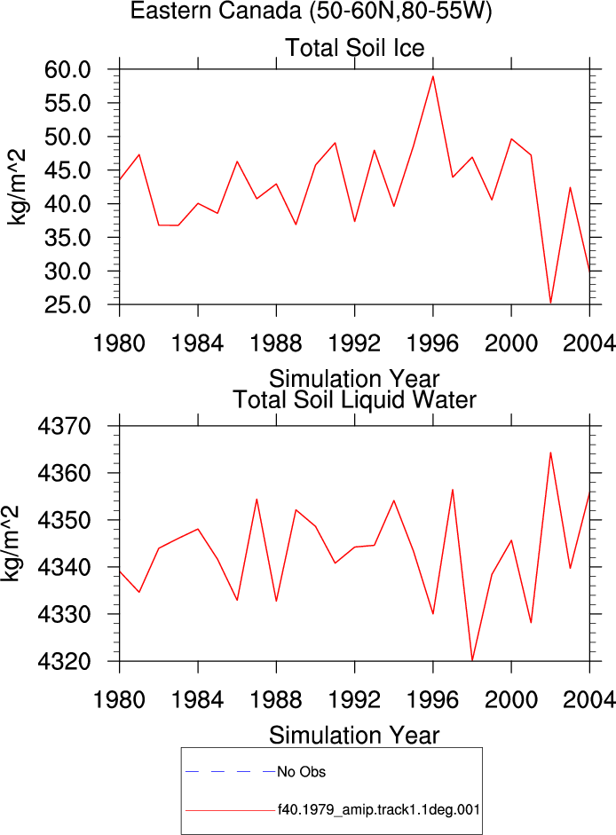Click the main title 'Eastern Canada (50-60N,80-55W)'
(312, 11)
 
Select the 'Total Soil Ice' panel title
(355, 48)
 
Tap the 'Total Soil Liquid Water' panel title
(354, 400)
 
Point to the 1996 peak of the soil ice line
(432, 76)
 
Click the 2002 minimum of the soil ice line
(550, 303)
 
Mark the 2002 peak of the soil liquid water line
(550, 453)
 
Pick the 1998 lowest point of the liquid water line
(472, 660)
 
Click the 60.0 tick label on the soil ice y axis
(67, 70)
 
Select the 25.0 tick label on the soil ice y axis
(67, 305)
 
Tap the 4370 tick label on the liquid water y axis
(65, 427)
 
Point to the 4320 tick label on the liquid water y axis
(65, 661)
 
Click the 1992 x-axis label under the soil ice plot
(354, 343)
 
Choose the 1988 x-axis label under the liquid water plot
(276, 700)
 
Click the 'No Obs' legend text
(301, 772)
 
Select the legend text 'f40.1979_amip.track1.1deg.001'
(379, 810)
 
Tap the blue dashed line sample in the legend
(230, 771)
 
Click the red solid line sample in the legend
(230, 811)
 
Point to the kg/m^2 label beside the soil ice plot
(16, 187)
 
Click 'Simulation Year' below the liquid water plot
(354, 735)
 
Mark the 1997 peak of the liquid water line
(453, 490)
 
